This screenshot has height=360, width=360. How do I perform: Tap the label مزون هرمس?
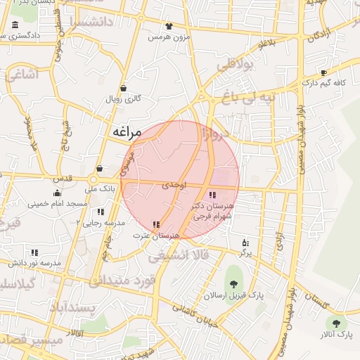click(169, 37)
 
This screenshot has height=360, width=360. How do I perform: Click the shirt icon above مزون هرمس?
click(169, 26)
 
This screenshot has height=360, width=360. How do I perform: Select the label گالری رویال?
click(124, 99)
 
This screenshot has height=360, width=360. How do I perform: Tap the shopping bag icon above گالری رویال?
click(124, 89)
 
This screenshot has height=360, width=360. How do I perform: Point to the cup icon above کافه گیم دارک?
click(323, 72)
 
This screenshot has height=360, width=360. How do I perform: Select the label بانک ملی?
click(99, 188)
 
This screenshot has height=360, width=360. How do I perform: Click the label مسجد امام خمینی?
click(58, 204)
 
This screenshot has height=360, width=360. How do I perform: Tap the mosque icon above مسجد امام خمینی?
click(57, 193)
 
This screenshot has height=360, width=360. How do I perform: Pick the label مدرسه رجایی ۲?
click(101, 222)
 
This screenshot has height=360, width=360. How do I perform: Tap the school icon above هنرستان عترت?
click(155, 224)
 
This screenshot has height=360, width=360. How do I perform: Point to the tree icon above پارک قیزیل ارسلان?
click(233, 283)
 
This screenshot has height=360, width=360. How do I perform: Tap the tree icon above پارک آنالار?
click(336, 323)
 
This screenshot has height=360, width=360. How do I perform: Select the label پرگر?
click(245, 252)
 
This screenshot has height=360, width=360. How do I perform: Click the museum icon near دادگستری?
click(15, 26)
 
